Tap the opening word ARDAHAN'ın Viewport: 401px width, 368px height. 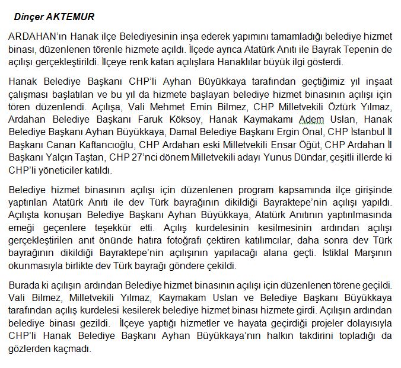(x=38, y=37)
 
